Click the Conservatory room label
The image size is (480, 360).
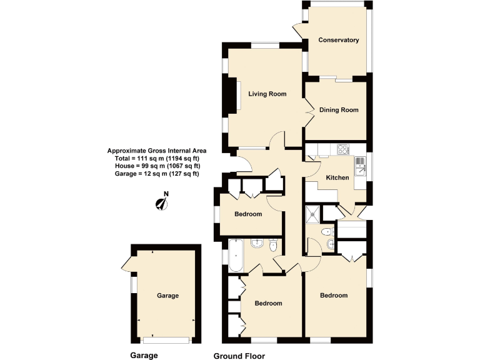click(338, 40)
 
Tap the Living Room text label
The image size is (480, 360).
click(267, 94)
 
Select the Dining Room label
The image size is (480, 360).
click(339, 110)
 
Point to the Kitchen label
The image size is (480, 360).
click(337, 178)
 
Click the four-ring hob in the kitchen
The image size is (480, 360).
click(344, 149)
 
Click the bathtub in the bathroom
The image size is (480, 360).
click(235, 255)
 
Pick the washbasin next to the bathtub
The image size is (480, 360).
click(256, 243)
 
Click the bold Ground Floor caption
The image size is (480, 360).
click(239, 356)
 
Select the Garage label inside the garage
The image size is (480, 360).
click(167, 296)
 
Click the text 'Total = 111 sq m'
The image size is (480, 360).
click(157, 158)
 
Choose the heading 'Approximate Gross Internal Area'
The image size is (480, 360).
click(157, 151)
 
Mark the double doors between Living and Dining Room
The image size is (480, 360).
click(308, 112)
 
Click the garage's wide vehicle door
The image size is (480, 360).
click(166, 340)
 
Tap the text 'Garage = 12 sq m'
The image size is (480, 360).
click(157, 174)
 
